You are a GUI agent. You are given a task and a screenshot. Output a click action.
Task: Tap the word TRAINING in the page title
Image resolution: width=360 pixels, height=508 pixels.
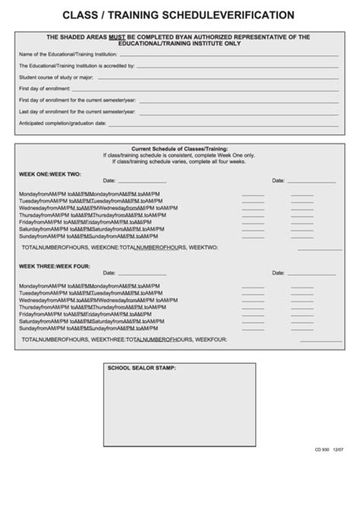tap(141, 14)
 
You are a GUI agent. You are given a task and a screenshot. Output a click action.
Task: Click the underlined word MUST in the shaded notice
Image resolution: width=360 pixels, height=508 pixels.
tap(126, 36)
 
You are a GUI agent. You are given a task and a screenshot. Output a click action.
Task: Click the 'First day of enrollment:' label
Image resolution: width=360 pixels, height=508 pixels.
tap(43, 89)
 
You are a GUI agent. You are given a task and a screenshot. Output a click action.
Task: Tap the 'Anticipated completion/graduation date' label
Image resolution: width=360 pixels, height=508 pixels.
tap(62, 123)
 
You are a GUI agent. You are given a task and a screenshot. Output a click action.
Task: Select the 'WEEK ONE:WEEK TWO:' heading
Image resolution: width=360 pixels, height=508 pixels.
tap(49, 174)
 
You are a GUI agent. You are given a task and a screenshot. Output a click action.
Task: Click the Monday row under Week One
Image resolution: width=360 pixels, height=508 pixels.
tap(90, 194)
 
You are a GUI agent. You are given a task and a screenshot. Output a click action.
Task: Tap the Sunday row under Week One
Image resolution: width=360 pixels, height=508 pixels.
tap(90, 236)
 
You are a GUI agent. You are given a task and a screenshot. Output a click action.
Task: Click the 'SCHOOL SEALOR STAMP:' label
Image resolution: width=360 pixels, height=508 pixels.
tap(142, 368)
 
